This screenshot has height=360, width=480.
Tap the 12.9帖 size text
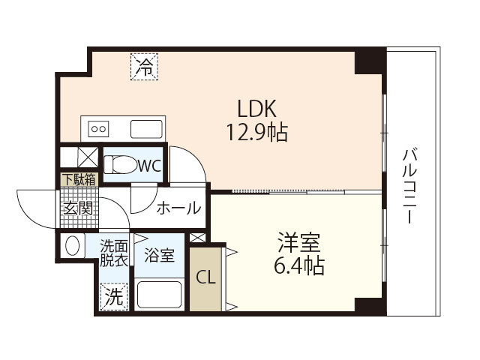257,133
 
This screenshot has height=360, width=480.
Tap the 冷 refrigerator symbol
145,66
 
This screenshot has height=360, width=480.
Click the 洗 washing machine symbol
114,296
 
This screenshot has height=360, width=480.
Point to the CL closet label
206,276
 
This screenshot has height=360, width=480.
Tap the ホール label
178,208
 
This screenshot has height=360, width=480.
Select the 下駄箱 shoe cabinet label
79,179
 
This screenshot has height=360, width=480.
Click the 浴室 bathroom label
159,254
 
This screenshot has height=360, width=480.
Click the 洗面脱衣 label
115,252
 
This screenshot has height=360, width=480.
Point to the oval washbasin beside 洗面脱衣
73,246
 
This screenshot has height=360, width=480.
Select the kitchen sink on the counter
147,128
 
